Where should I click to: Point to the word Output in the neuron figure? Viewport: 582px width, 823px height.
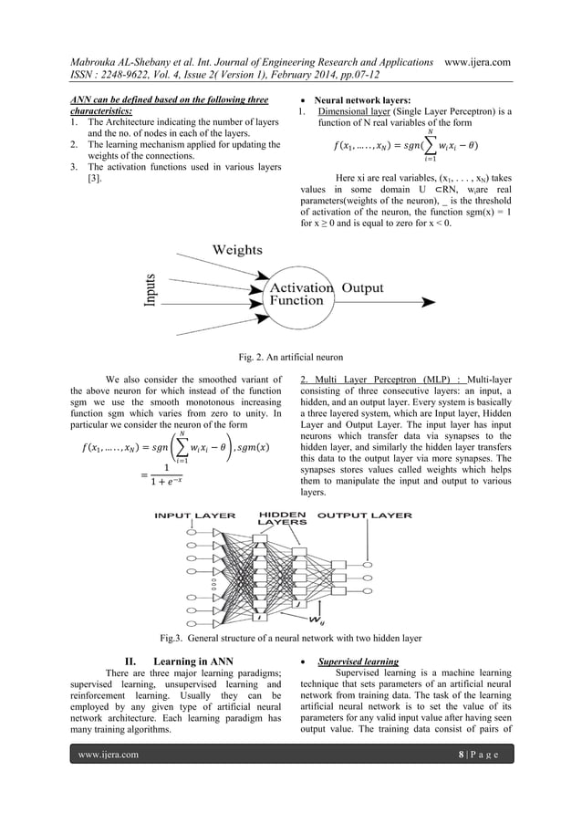pyautogui.click(x=362, y=287)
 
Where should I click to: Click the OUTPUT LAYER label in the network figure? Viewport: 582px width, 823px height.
pyautogui.click(x=364, y=515)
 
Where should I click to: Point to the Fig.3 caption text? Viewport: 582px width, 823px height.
pyautogui.click(x=291, y=637)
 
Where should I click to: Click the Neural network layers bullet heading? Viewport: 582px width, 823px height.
pyautogui.click(x=367, y=99)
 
